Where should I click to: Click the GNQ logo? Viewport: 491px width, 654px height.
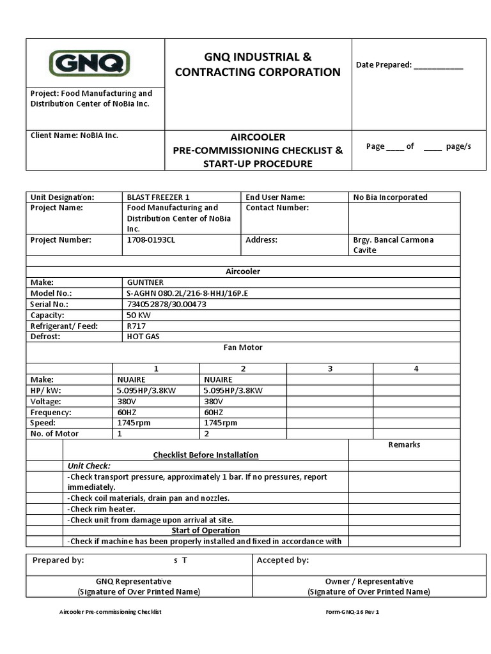pyautogui.click(x=90, y=63)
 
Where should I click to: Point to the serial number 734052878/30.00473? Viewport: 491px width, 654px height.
pyautogui.click(x=166, y=305)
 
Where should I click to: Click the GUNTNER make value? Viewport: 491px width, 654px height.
pyautogui.click(x=145, y=282)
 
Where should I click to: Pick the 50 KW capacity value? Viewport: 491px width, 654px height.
pyautogui.click(x=139, y=316)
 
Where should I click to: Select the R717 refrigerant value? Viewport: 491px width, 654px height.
pyautogui.click(x=136, y=326)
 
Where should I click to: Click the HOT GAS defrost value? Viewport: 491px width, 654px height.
pyautogui.click(x=143, y=337)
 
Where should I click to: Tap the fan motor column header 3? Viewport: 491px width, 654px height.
pyautogui.click(x=330, y=369)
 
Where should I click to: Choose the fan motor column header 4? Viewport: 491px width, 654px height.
pyautogui.click(x=416, y=369)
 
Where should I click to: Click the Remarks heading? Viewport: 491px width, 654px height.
pyautogui.click(x=404, y=445)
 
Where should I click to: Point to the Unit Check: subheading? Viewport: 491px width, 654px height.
pyautogui.click(x=89, y=466)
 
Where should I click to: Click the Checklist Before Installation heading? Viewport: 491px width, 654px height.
pyautogui.click(x=206, y=455)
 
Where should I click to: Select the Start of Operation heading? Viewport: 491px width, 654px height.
pyautogui.click(x=206, y=531)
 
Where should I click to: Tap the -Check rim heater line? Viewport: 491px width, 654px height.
pyautogui.click(x=101, y=509)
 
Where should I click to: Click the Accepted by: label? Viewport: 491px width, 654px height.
pyautogui.click(x=283, y=561)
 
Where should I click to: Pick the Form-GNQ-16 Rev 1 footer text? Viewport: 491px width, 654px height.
pyautogui.click(x=352, y=612)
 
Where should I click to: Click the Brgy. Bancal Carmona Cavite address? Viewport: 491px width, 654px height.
pyautogui.click(x=393, y=245)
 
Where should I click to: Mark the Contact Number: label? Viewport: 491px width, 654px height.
pyautogui.click(x=277, y=208)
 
